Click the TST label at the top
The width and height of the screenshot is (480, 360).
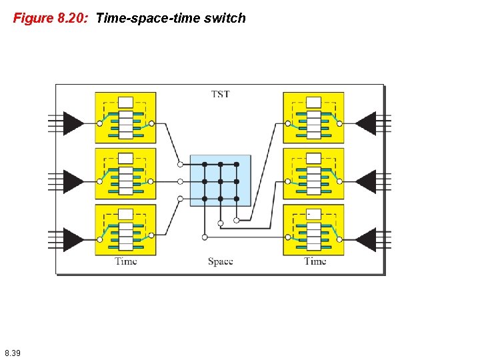pos(220,94)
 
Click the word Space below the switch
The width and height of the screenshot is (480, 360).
pos(220,261)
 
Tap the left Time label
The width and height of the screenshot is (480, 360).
pos(125,261)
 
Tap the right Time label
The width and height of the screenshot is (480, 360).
pos(315,261)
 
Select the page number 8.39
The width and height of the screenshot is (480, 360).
pos(12,352)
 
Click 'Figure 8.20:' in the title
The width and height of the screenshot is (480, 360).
pos(51,18)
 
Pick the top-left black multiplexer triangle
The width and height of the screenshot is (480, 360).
pos(73,123)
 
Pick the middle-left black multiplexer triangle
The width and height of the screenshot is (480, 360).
pos(73,181)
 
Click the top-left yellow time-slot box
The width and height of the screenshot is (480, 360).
pos(125,117)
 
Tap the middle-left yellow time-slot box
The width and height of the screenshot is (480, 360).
pos(125,173)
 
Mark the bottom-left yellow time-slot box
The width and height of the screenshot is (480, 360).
pos(125,229)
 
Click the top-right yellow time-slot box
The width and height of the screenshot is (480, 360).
pos(313,117)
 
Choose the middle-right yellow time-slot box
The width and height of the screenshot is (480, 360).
pos(313,173)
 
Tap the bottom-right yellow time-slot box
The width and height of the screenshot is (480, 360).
pos(313,229)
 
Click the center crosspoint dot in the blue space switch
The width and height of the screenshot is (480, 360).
pos(220,181)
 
